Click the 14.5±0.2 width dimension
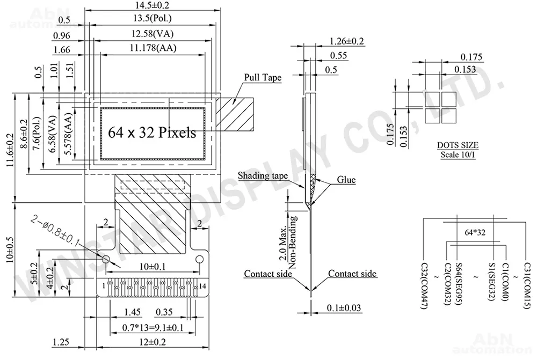(152, 5)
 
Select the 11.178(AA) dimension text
(153, 48)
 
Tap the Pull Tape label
(263, 78)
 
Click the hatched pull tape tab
(235, 114)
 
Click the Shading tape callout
(263, 176)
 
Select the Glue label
(346, 180)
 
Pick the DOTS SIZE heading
(458, 145)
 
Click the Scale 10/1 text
(458, 155)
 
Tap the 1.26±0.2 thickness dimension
(346, 41)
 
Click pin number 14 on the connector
(202, 286)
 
